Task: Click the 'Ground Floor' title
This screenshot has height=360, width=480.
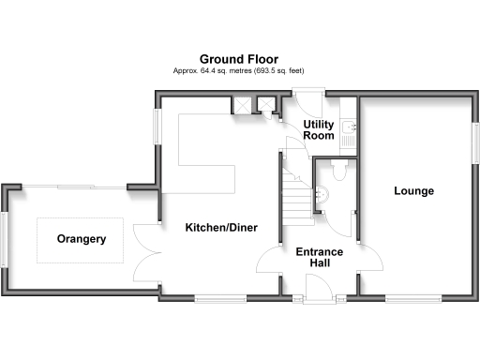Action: click(x=238, y=59)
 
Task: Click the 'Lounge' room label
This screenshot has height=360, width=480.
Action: click(x=413, y=191)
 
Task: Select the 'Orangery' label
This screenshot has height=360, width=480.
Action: click(x=81, y=239)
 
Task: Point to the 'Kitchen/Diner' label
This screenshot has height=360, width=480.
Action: click(x=220, y=228)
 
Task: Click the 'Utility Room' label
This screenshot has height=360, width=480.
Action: click(x=319, y=129)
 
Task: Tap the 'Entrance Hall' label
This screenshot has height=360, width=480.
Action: click(x=319, y=258)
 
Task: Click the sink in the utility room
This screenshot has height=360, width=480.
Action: click(x=347, y=126)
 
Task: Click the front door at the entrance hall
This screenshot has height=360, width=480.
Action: click(x=319, y=298)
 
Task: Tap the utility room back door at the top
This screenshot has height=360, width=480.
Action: click(x=307, y=91)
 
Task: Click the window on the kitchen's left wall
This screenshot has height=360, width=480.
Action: click(x=157, y=126)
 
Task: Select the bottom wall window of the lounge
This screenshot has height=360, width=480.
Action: click(x=412, y=298)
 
